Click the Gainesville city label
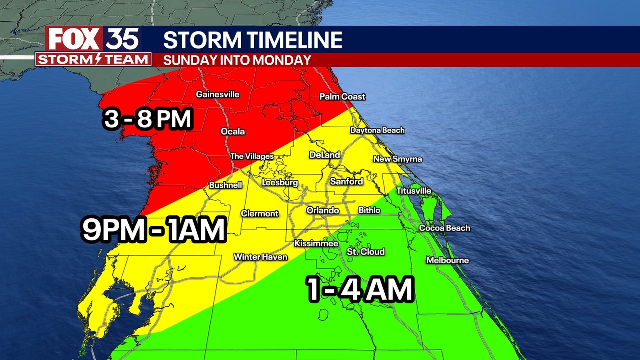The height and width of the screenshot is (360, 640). point(217,94)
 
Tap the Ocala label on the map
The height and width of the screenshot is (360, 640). point(233,132)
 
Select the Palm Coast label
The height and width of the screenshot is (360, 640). point(342,97)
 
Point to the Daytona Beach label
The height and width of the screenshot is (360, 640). point(377,130)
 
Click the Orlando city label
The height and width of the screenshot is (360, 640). point(323,211)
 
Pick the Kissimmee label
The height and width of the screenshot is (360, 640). point(316,244)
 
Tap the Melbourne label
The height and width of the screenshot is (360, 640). point(447,260)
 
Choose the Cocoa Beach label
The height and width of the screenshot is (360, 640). point(444,228)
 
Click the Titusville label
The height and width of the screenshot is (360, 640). point(413,191)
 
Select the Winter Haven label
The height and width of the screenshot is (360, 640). point(261,257)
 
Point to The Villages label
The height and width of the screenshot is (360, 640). point(252,157)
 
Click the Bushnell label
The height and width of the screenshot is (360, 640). point(225,185)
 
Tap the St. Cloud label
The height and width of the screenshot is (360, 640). point(366,252)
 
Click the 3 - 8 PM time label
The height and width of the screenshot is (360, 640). point(148,120)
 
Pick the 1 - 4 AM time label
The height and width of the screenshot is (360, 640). point(361,290)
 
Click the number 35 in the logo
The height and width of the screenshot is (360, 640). point(122,39)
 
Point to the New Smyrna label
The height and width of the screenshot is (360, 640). point(397,159)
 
